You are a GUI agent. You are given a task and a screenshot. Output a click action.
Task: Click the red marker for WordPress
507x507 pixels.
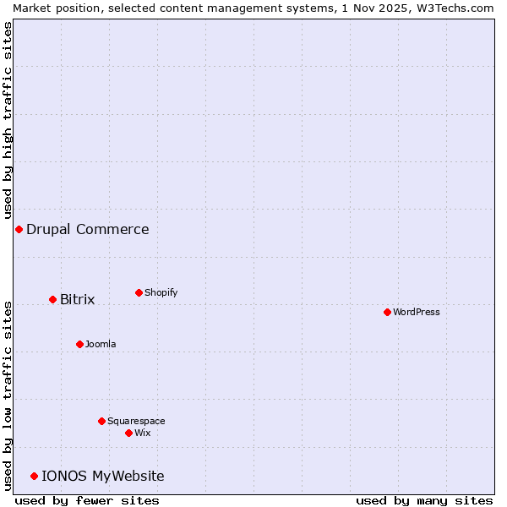click(387, 312)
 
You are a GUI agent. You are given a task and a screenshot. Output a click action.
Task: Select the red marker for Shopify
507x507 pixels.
click(139, 292)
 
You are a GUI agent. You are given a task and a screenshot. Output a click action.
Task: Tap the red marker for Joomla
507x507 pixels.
click(79, 344)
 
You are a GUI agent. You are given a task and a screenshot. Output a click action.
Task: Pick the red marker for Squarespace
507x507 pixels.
click(101, 421)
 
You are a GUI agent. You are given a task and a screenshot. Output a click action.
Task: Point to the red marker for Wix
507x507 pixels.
click(128, 433)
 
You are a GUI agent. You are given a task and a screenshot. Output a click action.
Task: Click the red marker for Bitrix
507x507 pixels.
click(52, 299)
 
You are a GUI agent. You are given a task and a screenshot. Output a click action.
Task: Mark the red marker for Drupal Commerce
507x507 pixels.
click(19, 229)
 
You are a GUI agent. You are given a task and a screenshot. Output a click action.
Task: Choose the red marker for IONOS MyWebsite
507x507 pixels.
click(34, 476)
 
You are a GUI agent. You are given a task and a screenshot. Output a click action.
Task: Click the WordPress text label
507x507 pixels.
click(416, 312)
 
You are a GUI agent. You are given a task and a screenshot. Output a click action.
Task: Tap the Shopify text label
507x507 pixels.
click(161, 292)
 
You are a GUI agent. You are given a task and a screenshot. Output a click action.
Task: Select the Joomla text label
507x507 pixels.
click(101, 344)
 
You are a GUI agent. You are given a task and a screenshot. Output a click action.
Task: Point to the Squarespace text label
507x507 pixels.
click(136, 421)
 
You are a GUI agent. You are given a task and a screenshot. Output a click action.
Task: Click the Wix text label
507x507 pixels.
click(142, 433)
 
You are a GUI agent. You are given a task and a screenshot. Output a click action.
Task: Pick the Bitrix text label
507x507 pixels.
click(77, 299)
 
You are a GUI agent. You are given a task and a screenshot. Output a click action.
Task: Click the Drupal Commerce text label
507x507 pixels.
click(87, 229)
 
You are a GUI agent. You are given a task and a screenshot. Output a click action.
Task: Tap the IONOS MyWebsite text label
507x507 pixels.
click(102, 476)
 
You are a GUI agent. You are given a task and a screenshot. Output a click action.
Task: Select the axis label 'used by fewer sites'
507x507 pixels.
click(87, 500)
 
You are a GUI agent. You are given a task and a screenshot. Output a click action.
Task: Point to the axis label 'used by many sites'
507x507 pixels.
click(424, 500)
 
